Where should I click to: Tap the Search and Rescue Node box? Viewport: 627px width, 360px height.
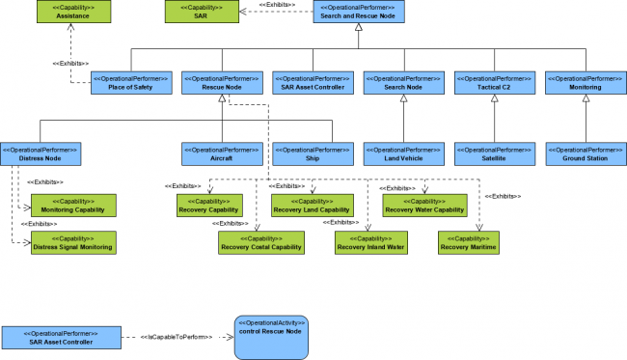[x=358, y=12]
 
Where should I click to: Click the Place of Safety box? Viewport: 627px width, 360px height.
[x=130, y=82]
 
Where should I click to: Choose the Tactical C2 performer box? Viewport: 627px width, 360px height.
[x=494, y=82]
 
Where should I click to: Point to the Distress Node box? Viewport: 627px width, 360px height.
[x=40, y=153]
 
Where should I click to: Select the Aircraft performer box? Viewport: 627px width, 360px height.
[x=221, y=153]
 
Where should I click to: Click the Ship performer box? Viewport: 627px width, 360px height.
[x=312, y=153]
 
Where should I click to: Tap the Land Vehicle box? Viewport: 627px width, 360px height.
[x=403, y=153]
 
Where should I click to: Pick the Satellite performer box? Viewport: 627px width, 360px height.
[x=494, y=153]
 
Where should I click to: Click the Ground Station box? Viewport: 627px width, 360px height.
[x=585, y=153]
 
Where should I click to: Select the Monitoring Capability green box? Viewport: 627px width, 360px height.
[x=74, y=205]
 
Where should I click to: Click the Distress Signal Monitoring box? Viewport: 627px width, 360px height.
[x=74, y=242]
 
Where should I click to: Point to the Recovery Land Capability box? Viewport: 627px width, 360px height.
[x=311, y=205]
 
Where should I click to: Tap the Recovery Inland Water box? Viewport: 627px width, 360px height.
[x=370, y=242]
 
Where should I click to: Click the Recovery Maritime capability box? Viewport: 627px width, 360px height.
[x=469, y=242]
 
